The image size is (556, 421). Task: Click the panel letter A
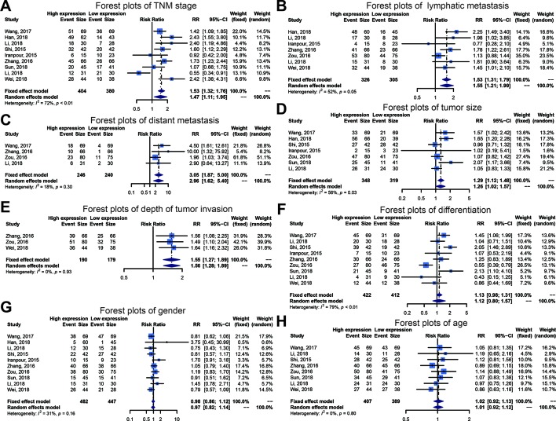pos(5,6)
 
